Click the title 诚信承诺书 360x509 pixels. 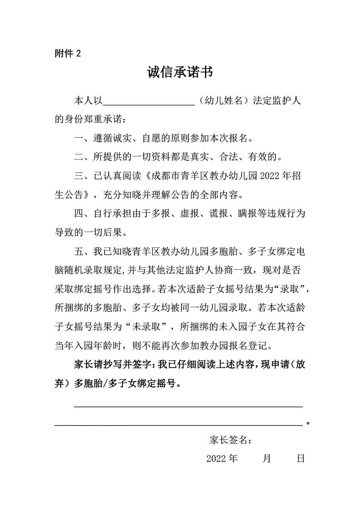(180, 73)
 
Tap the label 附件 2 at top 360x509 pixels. (68, 53)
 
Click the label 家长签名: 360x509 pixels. (231, 439)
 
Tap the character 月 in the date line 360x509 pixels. (267, 459)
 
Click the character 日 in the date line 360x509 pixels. (301, 459)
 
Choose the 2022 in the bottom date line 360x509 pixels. (216, 459)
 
